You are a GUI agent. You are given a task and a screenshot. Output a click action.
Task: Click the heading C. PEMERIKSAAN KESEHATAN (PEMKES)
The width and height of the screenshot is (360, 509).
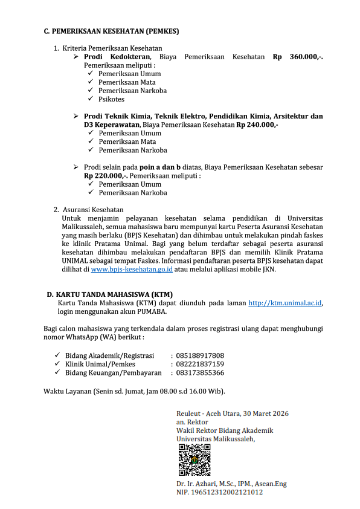111,31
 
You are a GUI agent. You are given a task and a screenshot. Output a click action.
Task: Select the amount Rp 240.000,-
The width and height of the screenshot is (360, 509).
257,125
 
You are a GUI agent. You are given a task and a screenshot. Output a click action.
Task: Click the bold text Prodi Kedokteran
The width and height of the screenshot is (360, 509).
117,57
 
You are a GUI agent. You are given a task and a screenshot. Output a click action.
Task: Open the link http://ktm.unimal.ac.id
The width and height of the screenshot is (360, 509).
284,303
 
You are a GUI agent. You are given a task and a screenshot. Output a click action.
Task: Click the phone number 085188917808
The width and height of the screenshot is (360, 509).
200,355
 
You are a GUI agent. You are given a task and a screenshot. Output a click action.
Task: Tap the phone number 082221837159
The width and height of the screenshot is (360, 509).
200,364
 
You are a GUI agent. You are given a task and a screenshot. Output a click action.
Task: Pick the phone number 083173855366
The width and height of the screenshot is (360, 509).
200,373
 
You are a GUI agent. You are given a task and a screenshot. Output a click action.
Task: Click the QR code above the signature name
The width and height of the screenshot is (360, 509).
194,460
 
